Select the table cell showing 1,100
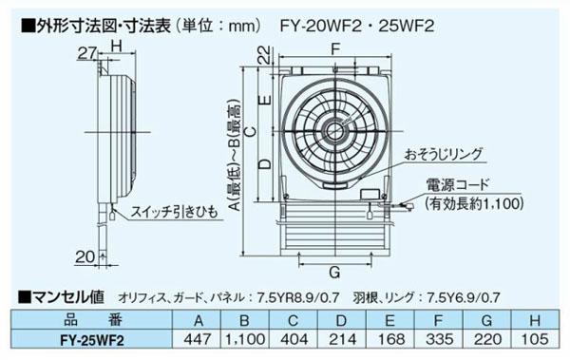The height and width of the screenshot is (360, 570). tap(243, 335)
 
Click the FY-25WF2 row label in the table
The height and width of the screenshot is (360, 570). tap(92, 335)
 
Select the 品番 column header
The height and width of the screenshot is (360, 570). tap(92, 318)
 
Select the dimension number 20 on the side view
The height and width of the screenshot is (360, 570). tap(84, 255)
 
